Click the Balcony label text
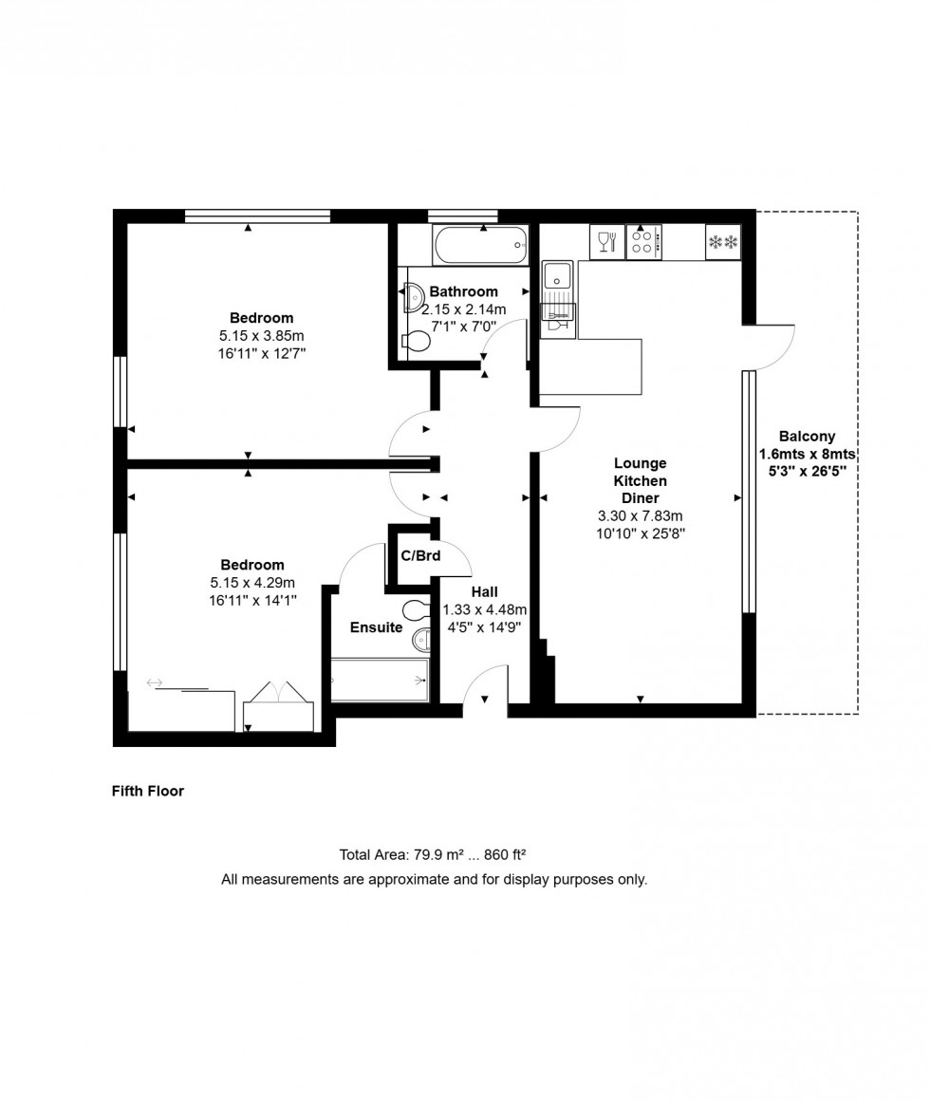(807, 437)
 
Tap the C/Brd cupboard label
(419, 555)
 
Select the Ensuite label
(376, 627)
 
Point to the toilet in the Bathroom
(416, 341)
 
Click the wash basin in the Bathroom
(415, 298)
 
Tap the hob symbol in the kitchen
(643, 242)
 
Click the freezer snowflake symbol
(723, 243)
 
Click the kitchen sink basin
(556, 276)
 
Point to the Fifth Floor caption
(148, 791)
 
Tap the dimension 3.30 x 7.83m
(640, 515)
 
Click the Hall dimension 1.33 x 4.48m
(484, 609)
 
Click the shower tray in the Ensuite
(380, 680)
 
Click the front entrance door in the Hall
(484, 685)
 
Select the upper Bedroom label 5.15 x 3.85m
(261, 335)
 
